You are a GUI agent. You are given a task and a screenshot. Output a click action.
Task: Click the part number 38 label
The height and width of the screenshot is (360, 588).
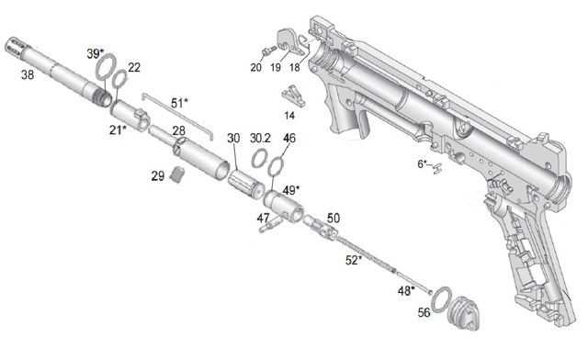28,75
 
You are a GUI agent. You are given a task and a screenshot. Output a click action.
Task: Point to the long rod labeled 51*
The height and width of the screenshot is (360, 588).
176,116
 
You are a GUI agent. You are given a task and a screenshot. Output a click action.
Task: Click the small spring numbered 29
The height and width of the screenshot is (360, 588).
177,175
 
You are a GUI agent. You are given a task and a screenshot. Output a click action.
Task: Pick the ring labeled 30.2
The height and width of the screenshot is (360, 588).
253,160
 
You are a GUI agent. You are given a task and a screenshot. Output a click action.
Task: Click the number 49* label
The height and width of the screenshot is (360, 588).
291,190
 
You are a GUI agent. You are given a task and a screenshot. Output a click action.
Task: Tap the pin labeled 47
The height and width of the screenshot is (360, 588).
271,224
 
